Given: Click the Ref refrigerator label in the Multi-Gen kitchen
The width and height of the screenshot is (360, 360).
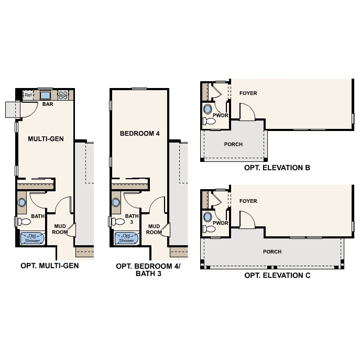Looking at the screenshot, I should pyautogui.click(x=28, y=95).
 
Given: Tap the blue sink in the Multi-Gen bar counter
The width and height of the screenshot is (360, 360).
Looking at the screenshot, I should pyautogui.click(x=46, y=95).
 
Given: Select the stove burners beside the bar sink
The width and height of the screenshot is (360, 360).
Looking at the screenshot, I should pyautogui.click(x=63, y=95).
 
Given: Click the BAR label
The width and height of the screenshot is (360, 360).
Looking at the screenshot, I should pyautogui.click(x=48, y=104).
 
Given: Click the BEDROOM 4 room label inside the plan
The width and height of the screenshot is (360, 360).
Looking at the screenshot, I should pyautogui.click(x=139, y=133).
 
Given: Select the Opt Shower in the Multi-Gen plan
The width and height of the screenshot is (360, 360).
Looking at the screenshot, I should pyautogui.click(x=35, y=238).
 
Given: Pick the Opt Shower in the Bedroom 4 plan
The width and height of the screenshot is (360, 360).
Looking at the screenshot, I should pyautogui.click(x=126, y=238).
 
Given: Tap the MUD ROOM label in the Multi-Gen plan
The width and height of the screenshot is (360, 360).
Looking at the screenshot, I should pyautogui.click(x=60, y=229).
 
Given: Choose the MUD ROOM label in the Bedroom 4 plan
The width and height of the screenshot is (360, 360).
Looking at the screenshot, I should pyautogui.click(x=154, y=229).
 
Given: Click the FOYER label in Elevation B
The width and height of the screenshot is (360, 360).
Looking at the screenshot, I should pyautogui.click(x=248, y=93).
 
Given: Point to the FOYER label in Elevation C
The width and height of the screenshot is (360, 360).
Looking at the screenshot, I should pyautogui.click(x=248, y=201).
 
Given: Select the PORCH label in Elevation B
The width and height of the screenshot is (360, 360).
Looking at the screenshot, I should pyautogui.click(x=233, y=144).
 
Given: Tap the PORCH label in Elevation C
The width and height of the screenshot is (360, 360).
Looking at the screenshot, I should pyautogui.click(x=272, y=252).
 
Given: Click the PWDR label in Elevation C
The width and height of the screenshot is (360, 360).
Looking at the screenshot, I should pyautogui.click(x=220, y=223).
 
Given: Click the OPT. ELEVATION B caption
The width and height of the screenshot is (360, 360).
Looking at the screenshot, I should pyautogui.click(x=277, y=168).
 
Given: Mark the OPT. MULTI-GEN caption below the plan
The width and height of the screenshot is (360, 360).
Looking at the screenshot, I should pyautogui.click(x=50, y=266).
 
